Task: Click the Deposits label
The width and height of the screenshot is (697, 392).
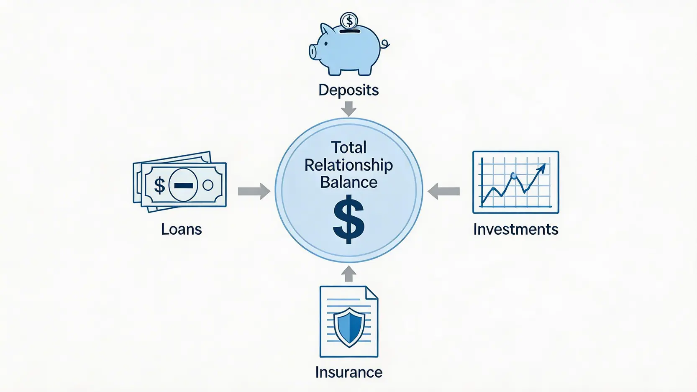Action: [x=348, y=90]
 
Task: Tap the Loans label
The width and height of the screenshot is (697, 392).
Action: [x=182, y=229]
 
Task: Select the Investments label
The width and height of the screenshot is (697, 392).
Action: [x=515, y=229]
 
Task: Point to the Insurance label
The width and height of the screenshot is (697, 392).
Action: [x=349, y=372]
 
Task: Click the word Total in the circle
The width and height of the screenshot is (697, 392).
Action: [x=348, y=147]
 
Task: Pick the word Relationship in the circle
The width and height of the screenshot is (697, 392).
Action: [x=348, y=165]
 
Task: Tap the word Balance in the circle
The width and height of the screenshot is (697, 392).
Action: [x=348, y=182]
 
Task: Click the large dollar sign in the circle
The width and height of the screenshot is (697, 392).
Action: [x=348, y=219]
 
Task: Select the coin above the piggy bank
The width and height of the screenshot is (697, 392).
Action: [x=349, y=21]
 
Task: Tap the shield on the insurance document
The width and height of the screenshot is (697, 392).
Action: [x=349, y=327]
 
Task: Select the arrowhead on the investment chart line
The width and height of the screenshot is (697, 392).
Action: [x=542, y=168]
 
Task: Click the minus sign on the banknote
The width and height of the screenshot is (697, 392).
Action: [x=183, y=186]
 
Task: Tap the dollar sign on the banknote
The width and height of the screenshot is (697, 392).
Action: [x=159, y=185]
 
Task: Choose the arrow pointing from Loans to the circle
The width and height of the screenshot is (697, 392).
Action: [x=254, y=191]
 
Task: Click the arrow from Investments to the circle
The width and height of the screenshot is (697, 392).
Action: [x=444, y=191]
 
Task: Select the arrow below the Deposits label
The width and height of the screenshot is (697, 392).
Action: [x=348, y=109]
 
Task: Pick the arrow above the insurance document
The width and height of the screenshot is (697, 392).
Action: [x=348, y=274]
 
